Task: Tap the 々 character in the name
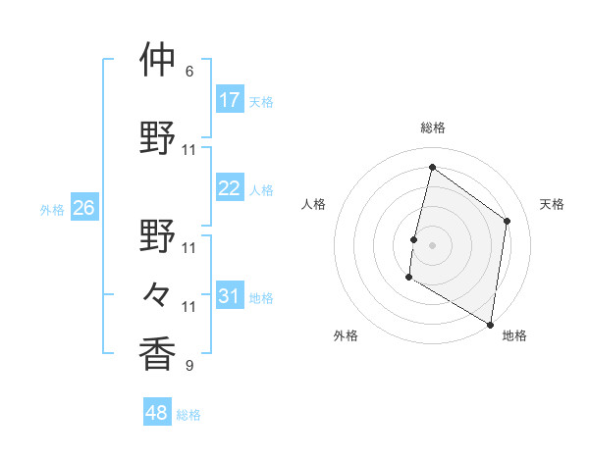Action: tap(157, 293)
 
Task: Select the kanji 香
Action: tap(157, 353)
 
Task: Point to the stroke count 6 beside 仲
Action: tap(189, 72)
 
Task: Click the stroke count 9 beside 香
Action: tap(189, 366)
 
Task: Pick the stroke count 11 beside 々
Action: tap(189, 307)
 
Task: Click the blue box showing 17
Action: tap(230, 99)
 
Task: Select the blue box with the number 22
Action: tap(230, 188)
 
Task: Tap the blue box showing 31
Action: tap(230, 295)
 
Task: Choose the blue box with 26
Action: tap(84, 208)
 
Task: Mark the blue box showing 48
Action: tap(157, 413)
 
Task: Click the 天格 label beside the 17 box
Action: tap(261, 101)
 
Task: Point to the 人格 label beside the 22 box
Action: tap(261, 190)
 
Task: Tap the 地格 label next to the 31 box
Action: tap(261, 297)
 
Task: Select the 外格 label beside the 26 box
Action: tap(52, 210)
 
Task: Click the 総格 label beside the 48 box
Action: tap(188, 415)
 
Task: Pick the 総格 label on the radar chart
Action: tap(432, 128)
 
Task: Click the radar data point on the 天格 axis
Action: tap(508, 221)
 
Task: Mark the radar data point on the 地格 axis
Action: tap(490, 323)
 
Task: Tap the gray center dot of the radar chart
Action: tap(432, 245)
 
